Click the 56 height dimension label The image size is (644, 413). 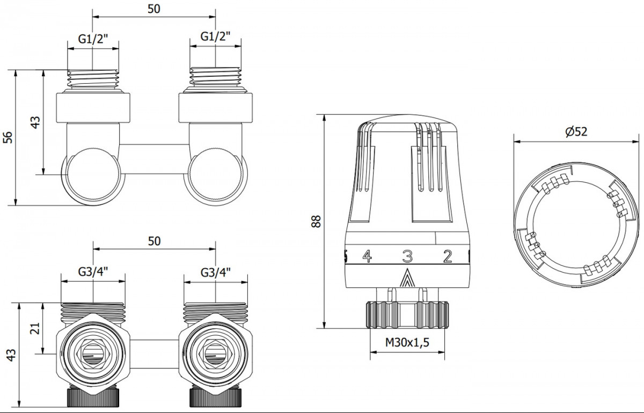[8, 137]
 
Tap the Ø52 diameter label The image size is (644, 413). [576, 131]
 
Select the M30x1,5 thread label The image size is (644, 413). [407, 342]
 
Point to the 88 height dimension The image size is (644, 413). [316, 222]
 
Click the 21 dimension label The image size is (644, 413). [35, 328]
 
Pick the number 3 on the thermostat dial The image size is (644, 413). [407, 256]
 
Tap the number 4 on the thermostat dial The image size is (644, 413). [367, 256]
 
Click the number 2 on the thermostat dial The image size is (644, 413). [448, 256]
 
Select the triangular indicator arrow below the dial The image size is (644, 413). [407, 278]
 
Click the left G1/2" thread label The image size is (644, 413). [93, 39]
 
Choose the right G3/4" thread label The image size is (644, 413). [216, 272]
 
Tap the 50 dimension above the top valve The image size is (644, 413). [154, 9]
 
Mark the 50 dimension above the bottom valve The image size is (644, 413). [155, 241]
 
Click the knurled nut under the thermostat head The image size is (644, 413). [407, 314]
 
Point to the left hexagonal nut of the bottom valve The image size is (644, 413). [93, 354]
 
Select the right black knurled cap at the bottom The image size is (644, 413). [216, 397]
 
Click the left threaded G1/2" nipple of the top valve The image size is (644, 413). [93, 78]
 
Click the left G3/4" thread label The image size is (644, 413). [93, 272]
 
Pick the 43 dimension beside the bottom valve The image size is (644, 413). [11, 355]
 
